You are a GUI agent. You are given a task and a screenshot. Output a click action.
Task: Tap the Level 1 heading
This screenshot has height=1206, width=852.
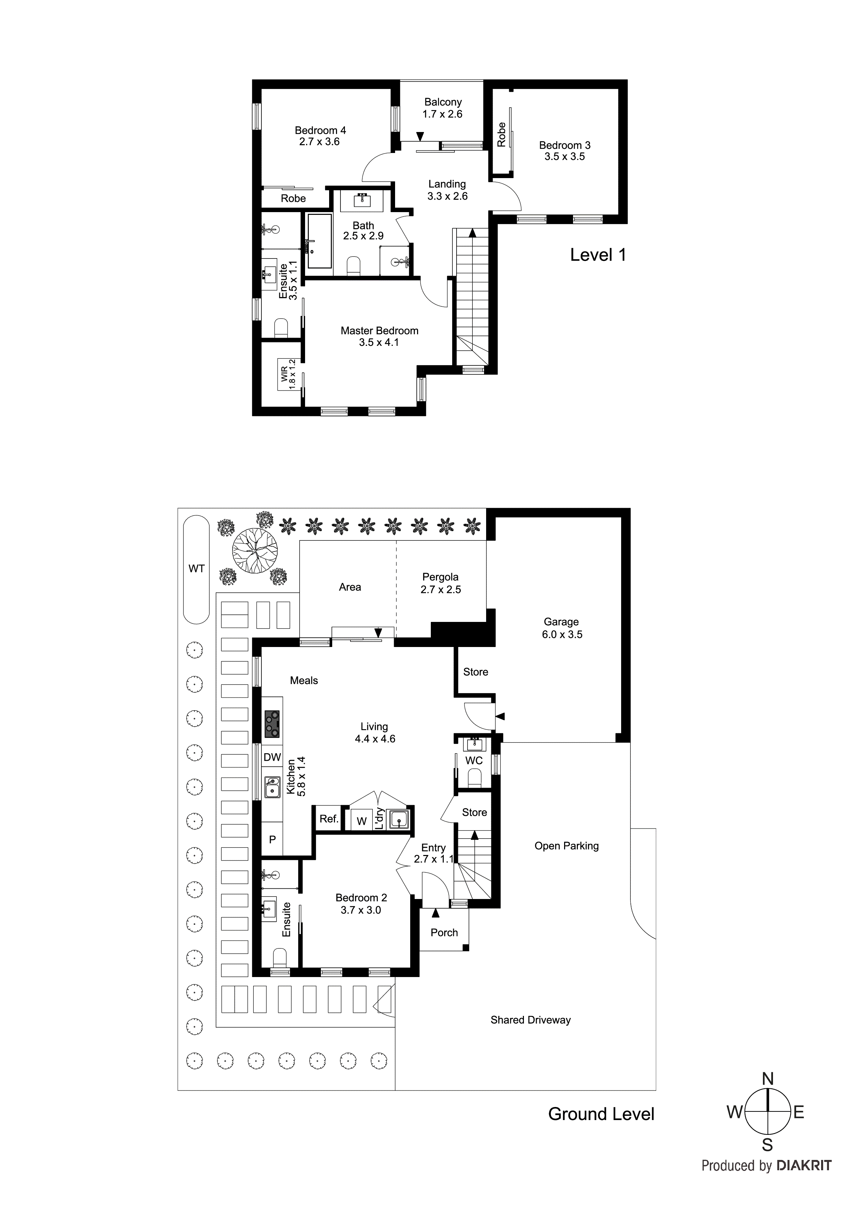(597, 255)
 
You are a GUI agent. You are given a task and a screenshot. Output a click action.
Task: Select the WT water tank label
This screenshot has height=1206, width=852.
(196, 568)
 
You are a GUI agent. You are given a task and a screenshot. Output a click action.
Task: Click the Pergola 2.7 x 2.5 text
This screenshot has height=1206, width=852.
(440, 583)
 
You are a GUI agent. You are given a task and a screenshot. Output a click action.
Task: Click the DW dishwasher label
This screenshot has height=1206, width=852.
(272, 757)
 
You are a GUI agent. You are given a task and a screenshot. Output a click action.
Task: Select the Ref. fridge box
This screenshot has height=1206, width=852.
(329, 818)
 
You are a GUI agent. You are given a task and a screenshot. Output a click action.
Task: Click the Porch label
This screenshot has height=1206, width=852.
(444, 932)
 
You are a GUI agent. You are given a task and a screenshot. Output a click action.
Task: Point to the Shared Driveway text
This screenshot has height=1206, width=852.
(530, 1020)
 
